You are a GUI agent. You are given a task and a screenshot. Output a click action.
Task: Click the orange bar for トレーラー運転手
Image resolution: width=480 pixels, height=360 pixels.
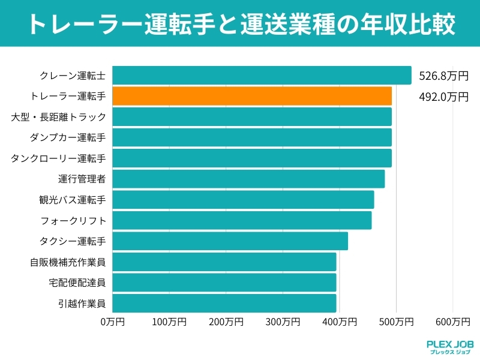[252, 96]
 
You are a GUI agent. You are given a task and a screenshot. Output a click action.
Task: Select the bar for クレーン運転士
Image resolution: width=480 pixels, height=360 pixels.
[262, 76]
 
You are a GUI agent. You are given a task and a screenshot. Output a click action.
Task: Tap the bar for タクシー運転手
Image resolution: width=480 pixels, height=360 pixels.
[230, 241]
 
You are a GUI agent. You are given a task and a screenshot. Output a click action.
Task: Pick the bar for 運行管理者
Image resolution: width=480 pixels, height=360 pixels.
[248, 179]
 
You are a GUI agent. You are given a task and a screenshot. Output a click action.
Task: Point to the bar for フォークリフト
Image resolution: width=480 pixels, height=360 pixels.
[242, 220]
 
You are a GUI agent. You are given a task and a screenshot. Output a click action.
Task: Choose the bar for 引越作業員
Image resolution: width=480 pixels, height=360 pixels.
[224, 303]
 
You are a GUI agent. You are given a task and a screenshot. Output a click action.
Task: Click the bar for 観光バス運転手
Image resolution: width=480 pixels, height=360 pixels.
[243, 200]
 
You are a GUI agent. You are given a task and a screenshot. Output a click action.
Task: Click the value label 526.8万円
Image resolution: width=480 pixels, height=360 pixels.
[443, 76]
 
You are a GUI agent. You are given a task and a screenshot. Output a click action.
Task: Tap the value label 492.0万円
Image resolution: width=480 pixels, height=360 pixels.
[443, 97]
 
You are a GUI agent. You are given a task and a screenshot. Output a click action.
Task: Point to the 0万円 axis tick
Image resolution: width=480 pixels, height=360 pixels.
[113, 322]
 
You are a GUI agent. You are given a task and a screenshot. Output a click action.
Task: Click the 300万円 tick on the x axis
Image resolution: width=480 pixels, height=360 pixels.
[283, 322]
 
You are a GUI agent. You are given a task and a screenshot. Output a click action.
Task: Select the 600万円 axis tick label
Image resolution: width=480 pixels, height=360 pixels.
[453, 322]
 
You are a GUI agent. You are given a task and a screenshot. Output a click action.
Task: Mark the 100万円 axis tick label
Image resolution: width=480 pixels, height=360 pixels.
[169, 322]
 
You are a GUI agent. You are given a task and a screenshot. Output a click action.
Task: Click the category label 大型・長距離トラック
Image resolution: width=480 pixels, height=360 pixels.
[58, 117]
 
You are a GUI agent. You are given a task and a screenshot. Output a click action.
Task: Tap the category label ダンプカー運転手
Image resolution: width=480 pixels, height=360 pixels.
[67, 137]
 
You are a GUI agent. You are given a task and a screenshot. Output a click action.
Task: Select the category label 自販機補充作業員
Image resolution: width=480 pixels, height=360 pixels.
[67, 262]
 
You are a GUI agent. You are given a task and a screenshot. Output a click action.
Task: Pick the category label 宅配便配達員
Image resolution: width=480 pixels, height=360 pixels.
[77, 283]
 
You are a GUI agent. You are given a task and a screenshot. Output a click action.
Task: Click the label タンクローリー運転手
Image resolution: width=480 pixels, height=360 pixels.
[58, 158]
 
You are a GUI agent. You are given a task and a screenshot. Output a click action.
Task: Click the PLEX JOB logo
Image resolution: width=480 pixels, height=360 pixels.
[449, 347]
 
